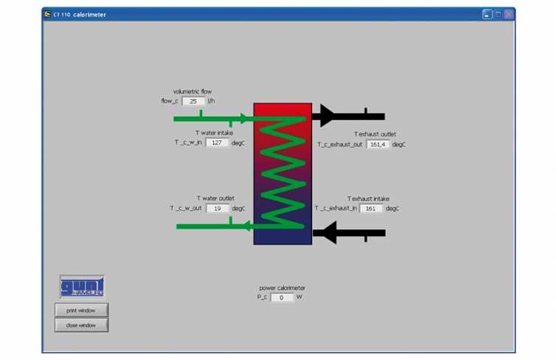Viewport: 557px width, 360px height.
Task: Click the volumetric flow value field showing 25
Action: tap(193, 101)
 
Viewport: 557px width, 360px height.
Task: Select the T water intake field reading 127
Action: tap(217, 142)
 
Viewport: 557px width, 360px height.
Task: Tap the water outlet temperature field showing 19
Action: tap(218, 208)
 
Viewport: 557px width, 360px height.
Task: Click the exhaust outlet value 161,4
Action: tap(378, 145)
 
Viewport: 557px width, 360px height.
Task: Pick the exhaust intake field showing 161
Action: tap(371, 208)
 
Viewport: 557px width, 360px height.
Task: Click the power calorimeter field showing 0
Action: tap(282, 297)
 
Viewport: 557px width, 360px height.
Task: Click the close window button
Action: tap(81, 325)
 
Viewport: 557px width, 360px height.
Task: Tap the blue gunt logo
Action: tap(82, 286)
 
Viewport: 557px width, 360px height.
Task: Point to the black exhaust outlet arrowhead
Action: tap(327, 116)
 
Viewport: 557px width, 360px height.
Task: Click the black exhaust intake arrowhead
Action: tap(329, 233)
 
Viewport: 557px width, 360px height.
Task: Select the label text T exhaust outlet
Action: tap(375, 134)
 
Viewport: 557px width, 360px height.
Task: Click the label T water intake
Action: tap(215, 133)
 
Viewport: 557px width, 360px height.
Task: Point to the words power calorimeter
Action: tap(282, 288)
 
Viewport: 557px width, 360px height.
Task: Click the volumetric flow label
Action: tap(192, 91)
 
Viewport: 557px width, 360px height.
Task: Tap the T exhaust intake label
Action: tap(368, 198)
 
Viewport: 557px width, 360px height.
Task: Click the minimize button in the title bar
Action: tap(487, 14)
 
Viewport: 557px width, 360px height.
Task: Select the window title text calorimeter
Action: tap(89, 15)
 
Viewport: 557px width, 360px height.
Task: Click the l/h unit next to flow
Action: tap(211, 101)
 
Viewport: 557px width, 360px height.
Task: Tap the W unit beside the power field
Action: tap(300, 297)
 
